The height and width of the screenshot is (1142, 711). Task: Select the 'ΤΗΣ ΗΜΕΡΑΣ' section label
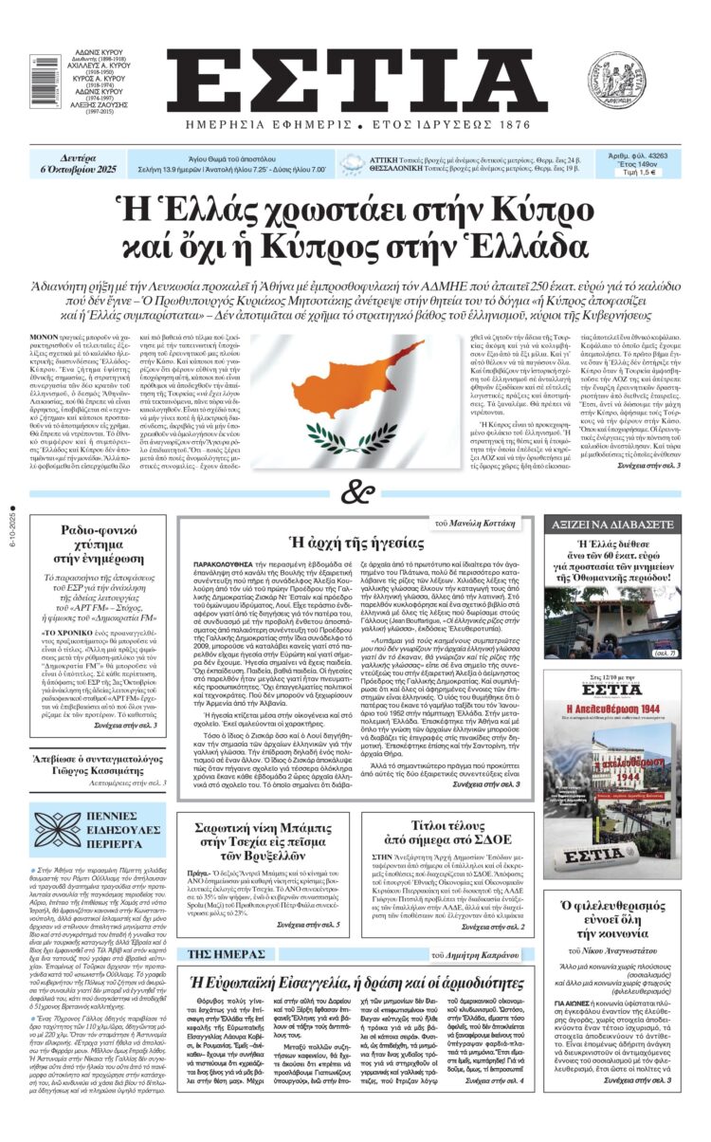point(215,925)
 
